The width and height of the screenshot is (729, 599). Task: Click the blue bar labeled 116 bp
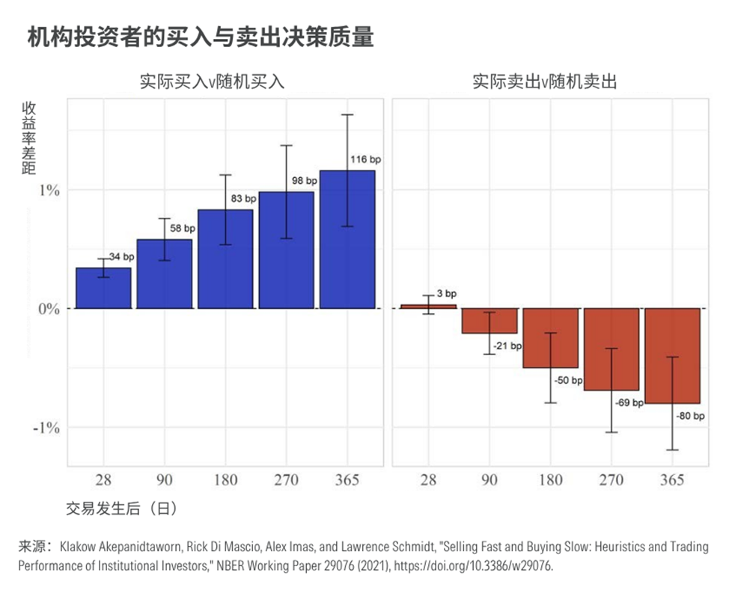click(347, 239)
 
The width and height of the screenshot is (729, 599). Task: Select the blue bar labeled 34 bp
click(103, 288)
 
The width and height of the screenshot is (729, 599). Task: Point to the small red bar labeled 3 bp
click(428, 306)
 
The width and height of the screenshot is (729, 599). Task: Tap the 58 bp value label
click(182, 229)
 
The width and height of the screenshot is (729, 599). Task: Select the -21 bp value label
click(507, 346)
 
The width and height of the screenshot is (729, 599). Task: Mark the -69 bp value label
click(629, 402)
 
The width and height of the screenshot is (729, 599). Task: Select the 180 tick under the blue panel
click(225, 480)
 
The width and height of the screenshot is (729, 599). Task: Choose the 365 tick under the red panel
click(672, 480)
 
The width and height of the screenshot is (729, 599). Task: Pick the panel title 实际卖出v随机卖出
click(544, 82)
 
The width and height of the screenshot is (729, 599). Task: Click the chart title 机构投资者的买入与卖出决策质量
click(200, 37)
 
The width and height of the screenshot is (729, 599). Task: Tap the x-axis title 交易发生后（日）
click(122, 509)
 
